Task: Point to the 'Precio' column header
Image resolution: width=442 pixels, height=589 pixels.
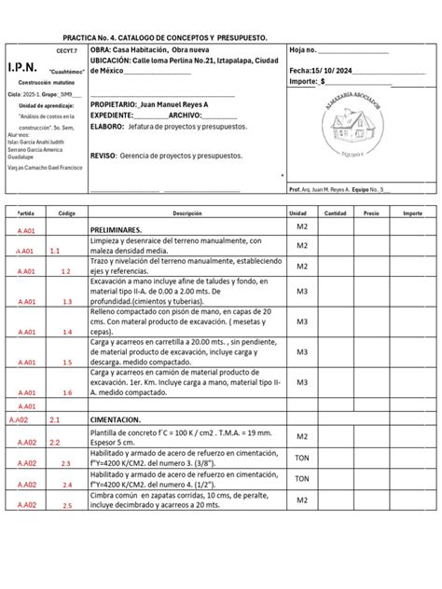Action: [x=371, y=213]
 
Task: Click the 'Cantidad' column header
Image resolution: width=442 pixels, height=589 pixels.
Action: [x=335, y=213]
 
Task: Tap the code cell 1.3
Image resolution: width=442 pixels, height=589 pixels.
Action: [x=67, y=302]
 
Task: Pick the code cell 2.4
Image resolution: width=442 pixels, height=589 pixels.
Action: [x=67, y=486]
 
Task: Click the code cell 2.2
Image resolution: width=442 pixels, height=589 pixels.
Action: [x=55, y=443]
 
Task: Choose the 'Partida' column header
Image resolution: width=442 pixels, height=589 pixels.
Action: [x=25, y=213]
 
